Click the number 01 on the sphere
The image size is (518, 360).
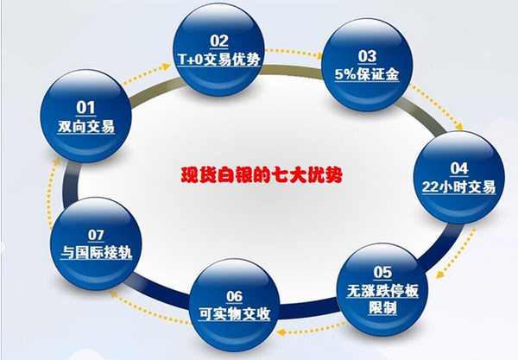pos(85,107)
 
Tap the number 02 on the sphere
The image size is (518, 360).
pos(218,40)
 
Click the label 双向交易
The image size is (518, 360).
pos(85,126)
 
